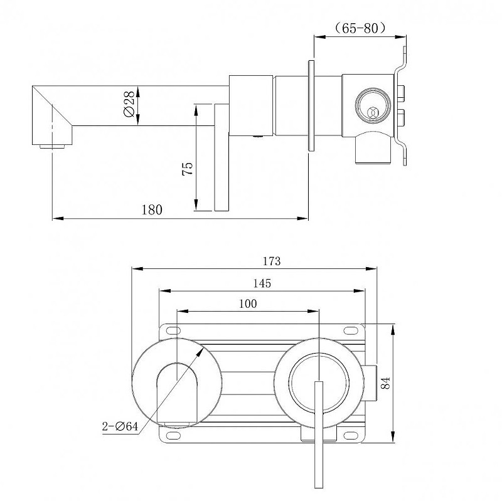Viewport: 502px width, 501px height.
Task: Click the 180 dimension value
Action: point(152,209)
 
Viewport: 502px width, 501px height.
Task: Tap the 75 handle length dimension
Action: point(188,168)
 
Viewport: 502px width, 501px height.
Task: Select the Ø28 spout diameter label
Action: point(129,104)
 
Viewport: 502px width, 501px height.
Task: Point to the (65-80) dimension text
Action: point(360,28)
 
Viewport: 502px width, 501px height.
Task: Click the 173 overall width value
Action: point(272,261)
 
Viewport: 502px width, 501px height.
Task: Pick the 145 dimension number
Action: point(262,283)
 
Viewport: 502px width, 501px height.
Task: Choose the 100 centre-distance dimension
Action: point(248,303)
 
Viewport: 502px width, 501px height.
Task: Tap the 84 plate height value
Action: point(386,382)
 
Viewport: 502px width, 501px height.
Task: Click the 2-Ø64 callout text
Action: point(120,426)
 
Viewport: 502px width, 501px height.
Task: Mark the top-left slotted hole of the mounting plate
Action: point(173,330)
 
